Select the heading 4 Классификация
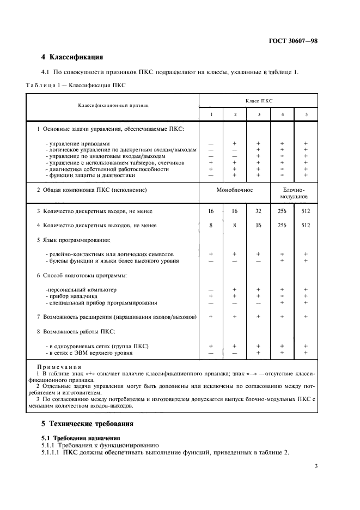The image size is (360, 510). point(72,57)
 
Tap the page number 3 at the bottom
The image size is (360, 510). point(316,465)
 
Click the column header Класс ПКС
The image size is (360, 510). point(258,101)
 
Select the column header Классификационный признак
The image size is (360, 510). point(113,105)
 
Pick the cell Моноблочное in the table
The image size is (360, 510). point(235,190)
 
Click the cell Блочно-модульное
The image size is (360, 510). point(294,193)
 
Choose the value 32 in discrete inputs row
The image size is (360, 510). point(258,211)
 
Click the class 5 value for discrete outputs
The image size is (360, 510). point(306,225)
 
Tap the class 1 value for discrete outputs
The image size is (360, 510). point(211,225)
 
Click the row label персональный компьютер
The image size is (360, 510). point(81,289)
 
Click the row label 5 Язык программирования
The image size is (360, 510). point(73,239)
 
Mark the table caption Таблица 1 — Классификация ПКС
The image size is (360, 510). point(76,85)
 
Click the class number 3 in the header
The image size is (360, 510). point(258,114)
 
